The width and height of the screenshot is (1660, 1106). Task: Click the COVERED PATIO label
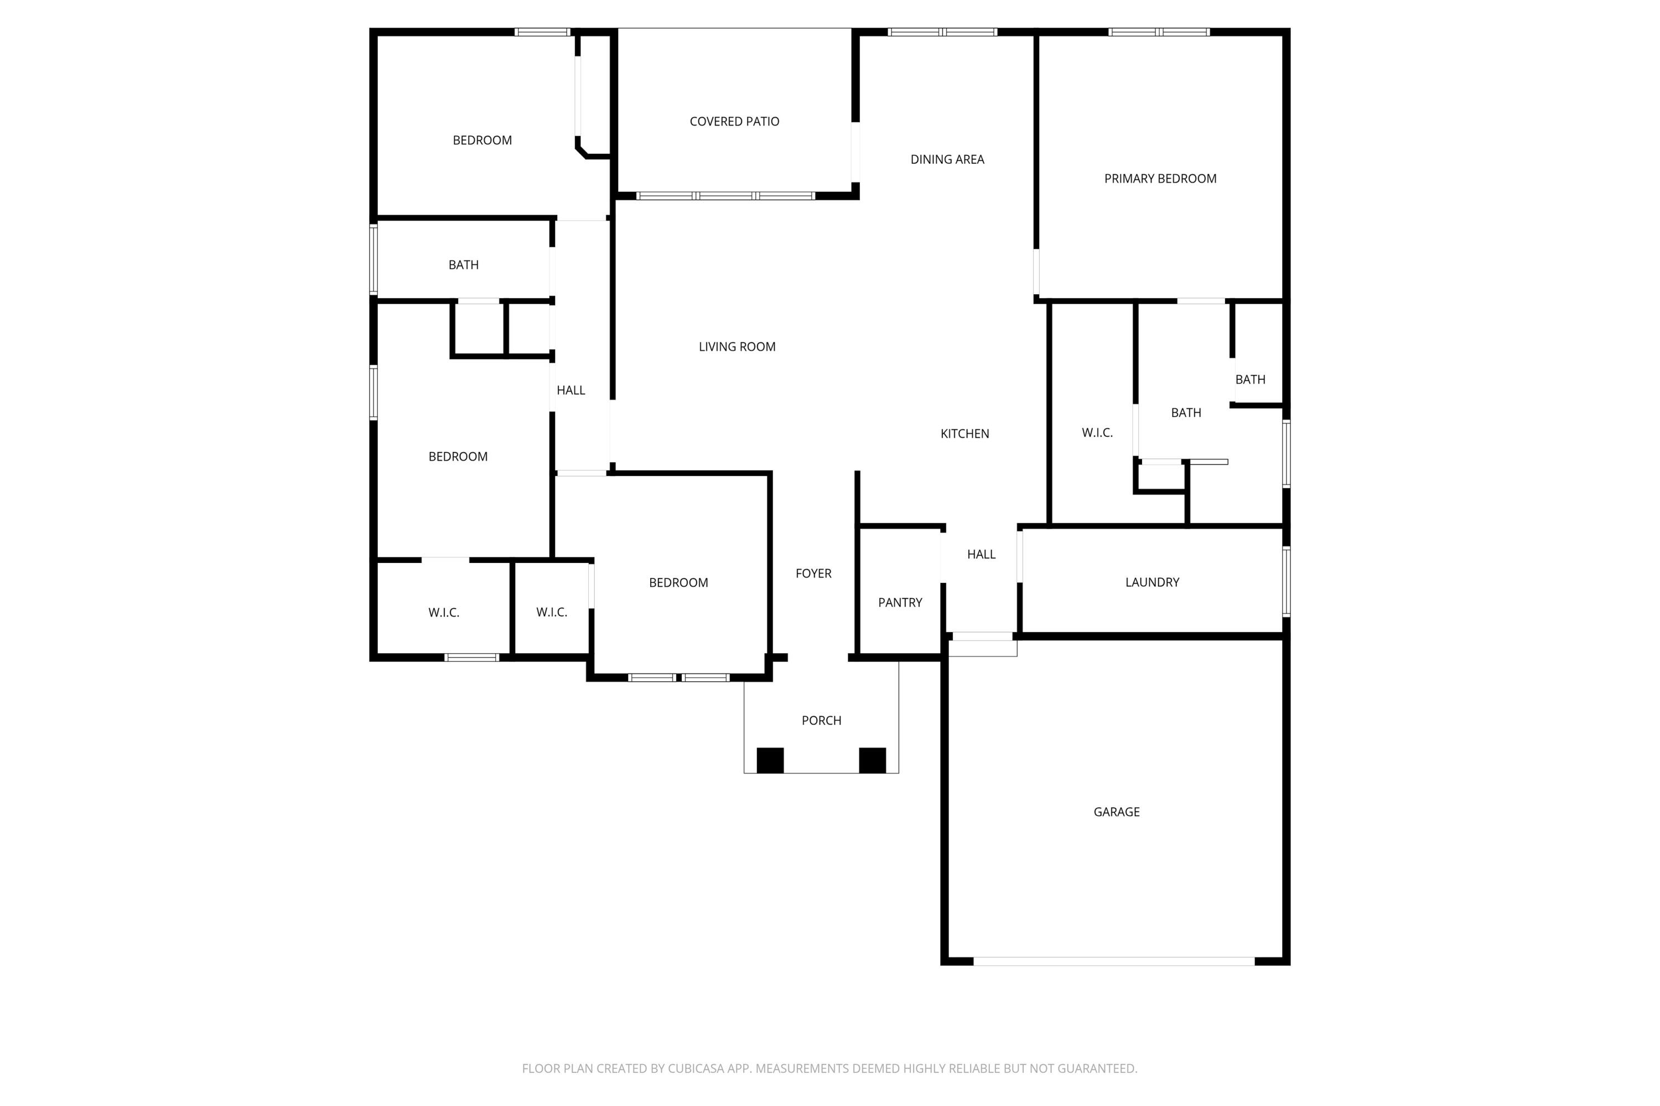(x=734, y=121)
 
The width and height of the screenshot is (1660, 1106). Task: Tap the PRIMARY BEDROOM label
(x=1160, y=179)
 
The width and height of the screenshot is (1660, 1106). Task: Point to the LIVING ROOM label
(x=737, y=346)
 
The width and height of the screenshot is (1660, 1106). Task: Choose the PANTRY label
(x=900, y=602)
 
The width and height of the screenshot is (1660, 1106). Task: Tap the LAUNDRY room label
(x=1152, y=582)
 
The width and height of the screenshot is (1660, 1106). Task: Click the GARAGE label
(x=1116, y=812)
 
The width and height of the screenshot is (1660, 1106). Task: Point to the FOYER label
(x=813, y=573)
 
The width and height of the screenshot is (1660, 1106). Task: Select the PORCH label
(x=821, y=720)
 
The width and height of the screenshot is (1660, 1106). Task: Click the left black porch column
(x=770, y=760)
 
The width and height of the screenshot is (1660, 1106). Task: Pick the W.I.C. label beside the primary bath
(x=1097, y=433)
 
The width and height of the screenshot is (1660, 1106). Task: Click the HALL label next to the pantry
(x=981, y=555)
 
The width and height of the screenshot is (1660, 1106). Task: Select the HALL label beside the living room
(x=570, y=390)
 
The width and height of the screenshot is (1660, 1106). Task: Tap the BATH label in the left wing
(x=463, y=264)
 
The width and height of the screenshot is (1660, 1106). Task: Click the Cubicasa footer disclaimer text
(x=829, y=1068)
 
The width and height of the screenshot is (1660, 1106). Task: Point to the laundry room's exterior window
(x=1286, y=581)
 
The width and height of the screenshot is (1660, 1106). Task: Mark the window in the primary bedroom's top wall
(x=1158, y=32)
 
